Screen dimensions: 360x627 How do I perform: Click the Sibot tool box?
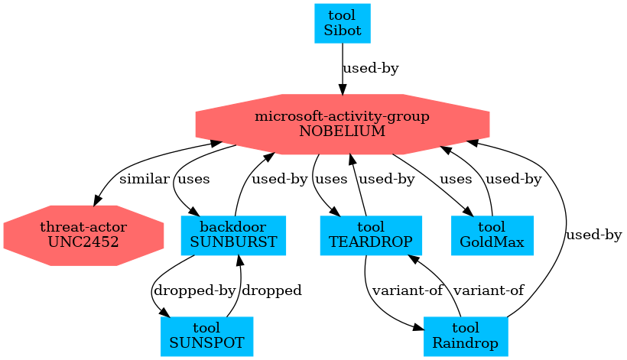pos(343,23)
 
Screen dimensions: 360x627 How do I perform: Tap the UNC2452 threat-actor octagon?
pos(84,235)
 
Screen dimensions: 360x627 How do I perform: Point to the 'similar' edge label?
pos(145,180)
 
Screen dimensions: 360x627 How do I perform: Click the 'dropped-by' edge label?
pos(194,290)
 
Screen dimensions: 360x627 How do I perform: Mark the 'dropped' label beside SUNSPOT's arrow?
pos(271,290)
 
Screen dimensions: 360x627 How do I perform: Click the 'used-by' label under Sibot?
pos(371,69)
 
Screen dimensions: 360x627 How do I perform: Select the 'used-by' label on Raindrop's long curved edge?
pos(593,235)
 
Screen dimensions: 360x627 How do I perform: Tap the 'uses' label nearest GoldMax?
pos(456,180)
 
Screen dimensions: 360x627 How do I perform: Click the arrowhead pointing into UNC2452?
pos(96,201)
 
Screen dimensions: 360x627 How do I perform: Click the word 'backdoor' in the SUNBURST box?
pos(233,227)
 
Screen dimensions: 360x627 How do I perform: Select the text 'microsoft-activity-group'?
pos(342,117)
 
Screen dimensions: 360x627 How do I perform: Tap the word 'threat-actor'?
pos(84,227)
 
